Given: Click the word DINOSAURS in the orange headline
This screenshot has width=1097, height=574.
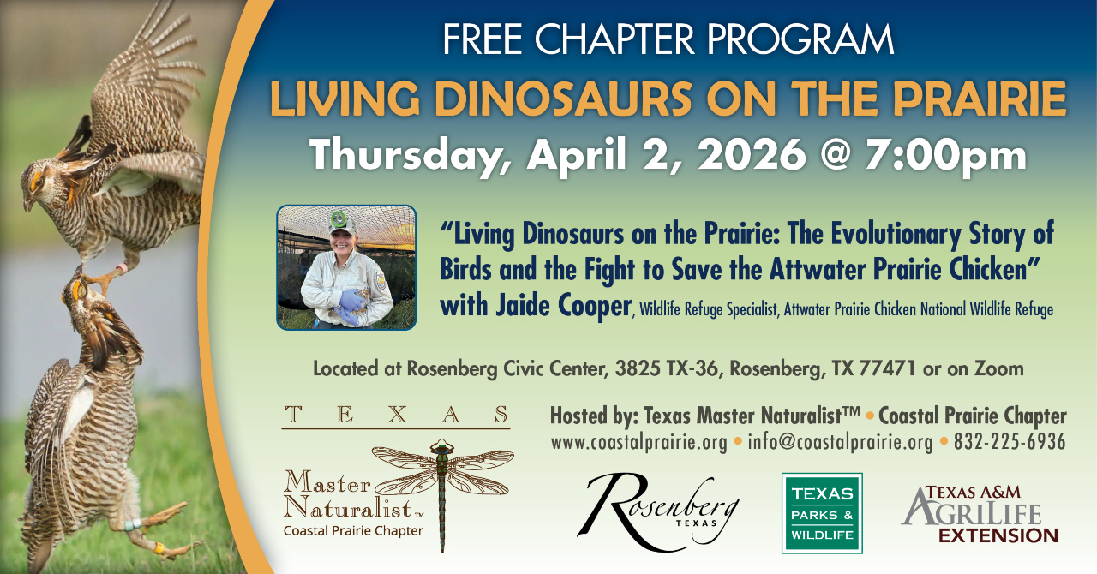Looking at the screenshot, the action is tap(562, 99).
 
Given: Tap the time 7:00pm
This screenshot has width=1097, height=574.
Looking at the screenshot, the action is tap(945, 156).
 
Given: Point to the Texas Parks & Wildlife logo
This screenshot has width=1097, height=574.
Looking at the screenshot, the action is tap(822, 513).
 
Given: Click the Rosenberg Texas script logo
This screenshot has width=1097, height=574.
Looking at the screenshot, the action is tap(658, 511).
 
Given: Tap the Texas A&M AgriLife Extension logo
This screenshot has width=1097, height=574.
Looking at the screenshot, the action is tap(980, 514).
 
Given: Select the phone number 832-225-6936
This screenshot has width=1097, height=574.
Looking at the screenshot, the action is tap(1010, 442).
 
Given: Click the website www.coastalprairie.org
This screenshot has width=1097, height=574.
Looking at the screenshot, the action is tap(639, 442).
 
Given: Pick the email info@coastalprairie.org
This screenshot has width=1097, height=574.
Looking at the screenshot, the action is tap(841, 442).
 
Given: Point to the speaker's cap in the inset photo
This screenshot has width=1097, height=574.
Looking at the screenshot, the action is tap(342, 223).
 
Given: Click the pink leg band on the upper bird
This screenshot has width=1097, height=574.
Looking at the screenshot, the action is tap(121, 268).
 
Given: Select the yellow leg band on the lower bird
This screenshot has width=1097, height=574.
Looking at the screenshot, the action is tap(159, 547).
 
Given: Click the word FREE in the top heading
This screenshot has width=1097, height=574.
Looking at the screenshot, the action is tap(483, 39).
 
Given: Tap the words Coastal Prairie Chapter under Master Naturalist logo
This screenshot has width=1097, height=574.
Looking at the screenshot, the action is tap(353, 531).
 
